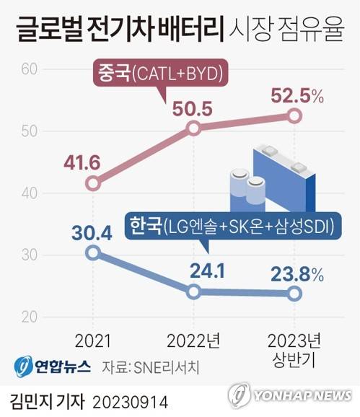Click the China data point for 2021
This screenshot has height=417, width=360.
pyautogui.click(x=92, y=183)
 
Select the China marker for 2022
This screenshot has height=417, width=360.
pyautogui.click(x=193, y=128)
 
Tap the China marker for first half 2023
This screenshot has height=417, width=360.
pyautogui.click(x=294, y=115)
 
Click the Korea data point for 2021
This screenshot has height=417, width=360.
pyautogui.click(x=92, y=253)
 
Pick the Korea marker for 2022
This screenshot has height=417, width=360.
pyautogui.click(x=193, y=291)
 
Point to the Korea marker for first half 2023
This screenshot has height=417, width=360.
pyautogui.click(x=294, y=293)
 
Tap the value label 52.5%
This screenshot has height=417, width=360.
pyautogui.click(x=295, y=95)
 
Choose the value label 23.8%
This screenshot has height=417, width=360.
pyautogui.click(x=295, y=273)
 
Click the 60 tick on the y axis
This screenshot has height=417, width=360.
pyautogui.click(x=29, y=69)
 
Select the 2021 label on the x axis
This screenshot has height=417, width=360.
pyautogui.click(x=92, y=339)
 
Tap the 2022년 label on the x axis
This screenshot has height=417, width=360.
pyautogui.click(x=193, y=339)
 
